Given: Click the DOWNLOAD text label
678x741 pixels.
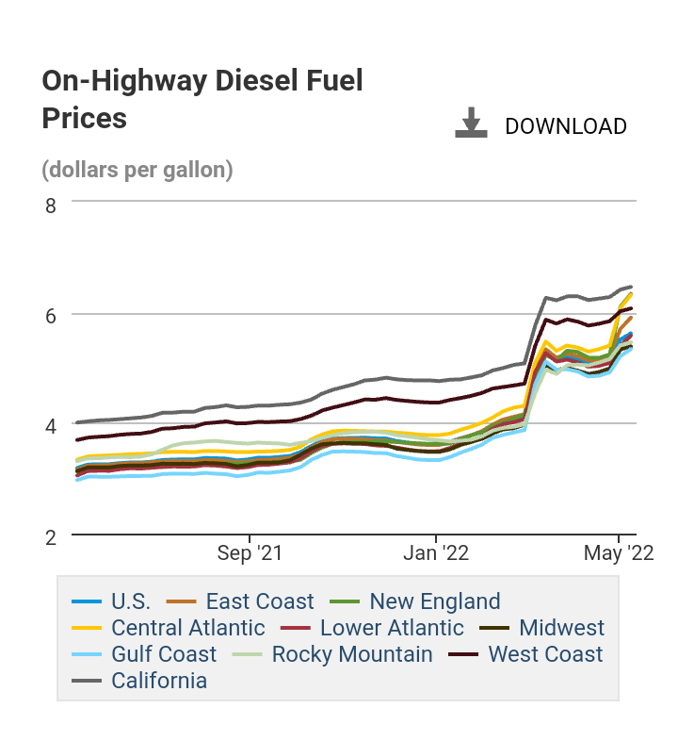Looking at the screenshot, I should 566,126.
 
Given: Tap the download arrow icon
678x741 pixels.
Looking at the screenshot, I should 471,123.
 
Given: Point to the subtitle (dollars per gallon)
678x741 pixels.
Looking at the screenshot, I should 137,171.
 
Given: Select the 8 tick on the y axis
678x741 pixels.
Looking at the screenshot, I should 51,204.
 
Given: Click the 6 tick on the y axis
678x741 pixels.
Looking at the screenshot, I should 51,315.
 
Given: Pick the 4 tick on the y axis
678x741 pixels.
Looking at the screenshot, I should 51,426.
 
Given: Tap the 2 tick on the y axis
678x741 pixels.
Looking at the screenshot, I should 51,536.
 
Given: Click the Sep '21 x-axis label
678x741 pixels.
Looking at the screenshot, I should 249,552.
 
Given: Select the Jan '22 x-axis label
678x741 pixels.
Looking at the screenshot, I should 436,552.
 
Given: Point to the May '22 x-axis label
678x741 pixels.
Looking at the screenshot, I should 618,552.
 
